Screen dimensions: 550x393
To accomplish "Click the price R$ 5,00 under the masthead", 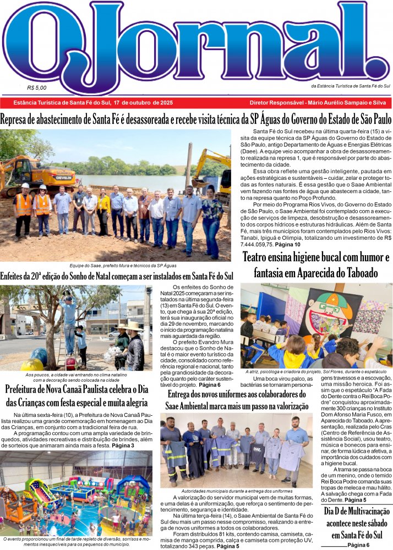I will [x=37, y=87].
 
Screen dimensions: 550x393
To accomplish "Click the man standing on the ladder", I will [x=69, y=319].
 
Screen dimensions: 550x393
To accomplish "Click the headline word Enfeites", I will [x=17, y=276].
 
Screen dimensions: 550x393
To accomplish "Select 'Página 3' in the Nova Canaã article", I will [x=123, y=445].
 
